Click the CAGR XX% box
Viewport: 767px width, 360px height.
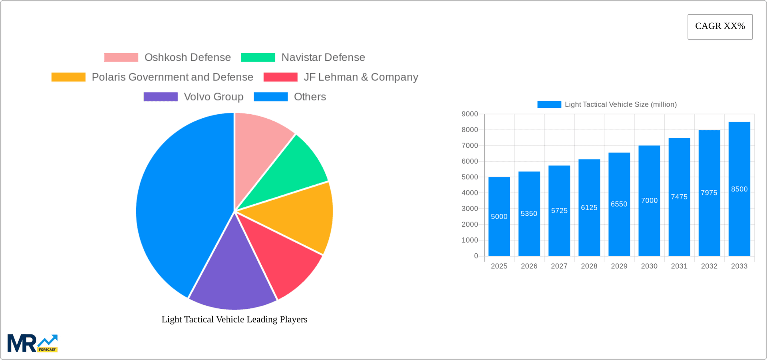(720, 26)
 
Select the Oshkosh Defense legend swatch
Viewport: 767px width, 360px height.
(121, 58)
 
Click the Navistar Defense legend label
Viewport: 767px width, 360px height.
(323, 58)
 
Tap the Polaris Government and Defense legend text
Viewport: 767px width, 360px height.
(172, 77)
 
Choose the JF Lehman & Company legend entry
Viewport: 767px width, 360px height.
(361, 77)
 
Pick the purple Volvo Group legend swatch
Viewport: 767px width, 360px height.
(161, 97)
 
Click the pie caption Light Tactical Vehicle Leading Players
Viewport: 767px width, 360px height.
(234, 319)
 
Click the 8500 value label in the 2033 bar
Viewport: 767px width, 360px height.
(739, 189)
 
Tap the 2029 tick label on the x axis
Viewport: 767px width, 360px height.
(619, 266)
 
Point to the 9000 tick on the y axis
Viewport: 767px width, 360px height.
(470, 114)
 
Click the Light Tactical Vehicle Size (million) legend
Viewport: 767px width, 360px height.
(607, 104)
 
